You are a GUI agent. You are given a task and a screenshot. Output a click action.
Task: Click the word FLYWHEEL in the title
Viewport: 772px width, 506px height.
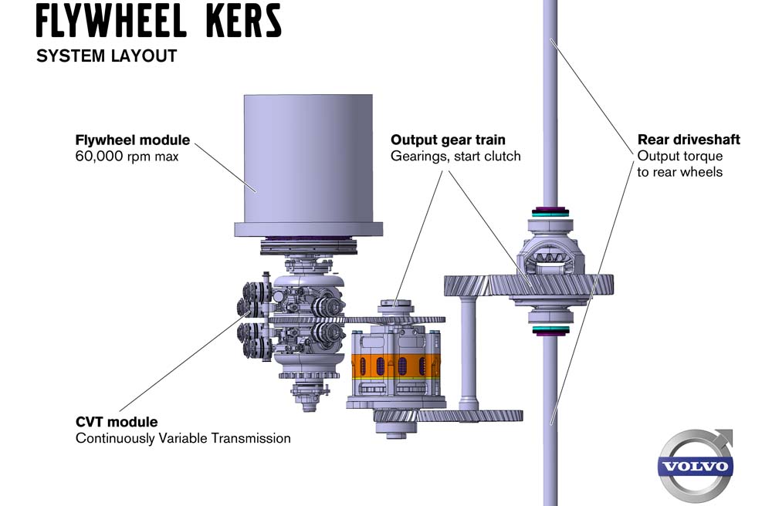[x=111, y=21]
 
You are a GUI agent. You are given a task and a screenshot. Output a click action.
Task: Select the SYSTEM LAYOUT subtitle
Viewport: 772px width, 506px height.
[x=107, y=56]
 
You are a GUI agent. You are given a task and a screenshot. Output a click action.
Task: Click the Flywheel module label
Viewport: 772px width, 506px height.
[x=133, y=140]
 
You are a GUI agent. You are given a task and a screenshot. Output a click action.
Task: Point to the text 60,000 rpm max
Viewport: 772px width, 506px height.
[x=127, y=157]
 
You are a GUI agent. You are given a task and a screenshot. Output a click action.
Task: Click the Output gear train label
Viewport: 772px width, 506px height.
[x=448, y=140]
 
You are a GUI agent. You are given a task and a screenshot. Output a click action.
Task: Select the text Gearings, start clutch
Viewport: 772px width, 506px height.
[x=455, y=157]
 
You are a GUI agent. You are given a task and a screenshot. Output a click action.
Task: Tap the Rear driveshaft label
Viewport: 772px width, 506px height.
[x=689, y=140]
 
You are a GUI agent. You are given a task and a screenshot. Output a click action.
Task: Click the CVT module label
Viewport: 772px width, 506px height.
[x=117, y=422]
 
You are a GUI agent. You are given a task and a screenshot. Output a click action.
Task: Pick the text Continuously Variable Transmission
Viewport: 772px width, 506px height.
[x=183, y=438]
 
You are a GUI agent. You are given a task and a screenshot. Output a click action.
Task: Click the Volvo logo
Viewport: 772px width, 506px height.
[x=696, y=464]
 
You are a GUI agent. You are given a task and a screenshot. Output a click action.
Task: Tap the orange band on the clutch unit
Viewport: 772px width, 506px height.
[x=395, y=366]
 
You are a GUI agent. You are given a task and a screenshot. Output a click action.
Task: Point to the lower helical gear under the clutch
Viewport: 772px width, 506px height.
[x=448, y=416]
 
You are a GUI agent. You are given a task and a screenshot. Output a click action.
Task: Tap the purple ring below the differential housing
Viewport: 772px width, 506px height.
[x=550, y=332]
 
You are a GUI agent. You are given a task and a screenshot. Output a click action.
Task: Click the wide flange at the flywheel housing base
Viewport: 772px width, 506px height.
[x=308, y=230]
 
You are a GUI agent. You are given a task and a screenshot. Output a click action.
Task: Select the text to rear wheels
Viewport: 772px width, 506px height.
[x=680, y=172]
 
